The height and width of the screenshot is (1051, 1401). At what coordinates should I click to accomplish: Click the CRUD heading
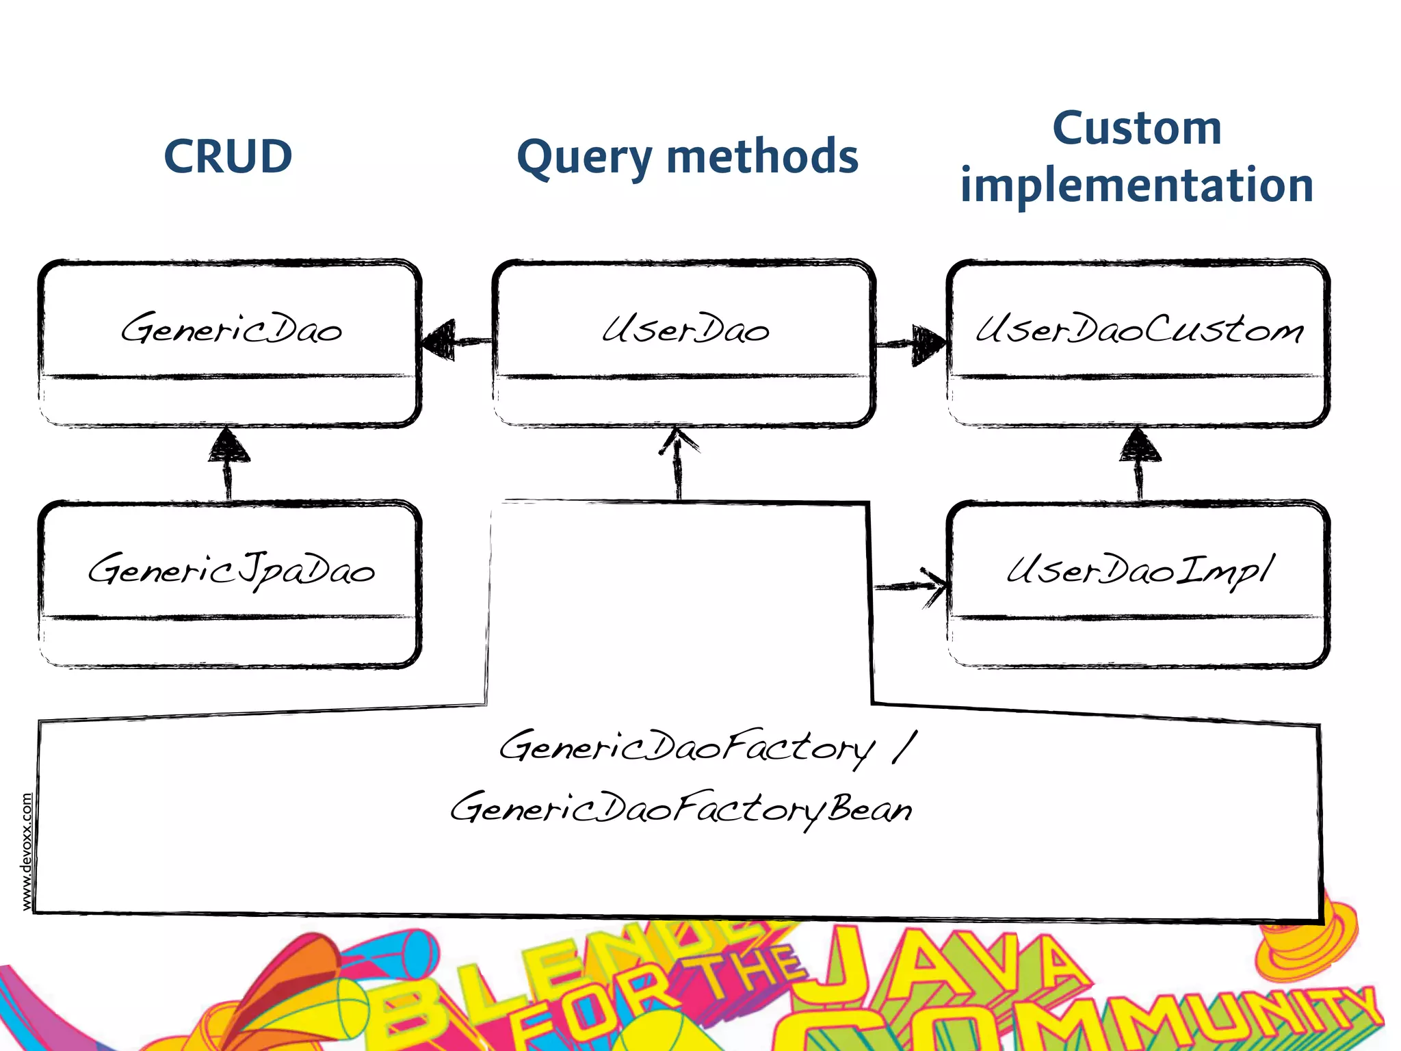point(228,157)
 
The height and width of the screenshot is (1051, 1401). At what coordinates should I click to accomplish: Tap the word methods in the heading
point(761,157)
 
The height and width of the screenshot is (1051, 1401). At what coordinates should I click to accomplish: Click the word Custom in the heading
point(1136,128)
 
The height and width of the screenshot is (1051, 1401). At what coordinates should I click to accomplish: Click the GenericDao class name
point(231,329)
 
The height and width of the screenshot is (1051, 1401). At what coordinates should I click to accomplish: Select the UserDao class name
point(685,329)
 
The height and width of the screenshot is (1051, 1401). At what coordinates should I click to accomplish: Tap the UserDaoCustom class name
point(1138,329)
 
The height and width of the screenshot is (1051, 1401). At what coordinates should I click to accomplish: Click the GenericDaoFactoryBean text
point(681,809)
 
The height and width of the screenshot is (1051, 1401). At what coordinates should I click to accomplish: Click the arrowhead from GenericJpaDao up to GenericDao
point(229,446)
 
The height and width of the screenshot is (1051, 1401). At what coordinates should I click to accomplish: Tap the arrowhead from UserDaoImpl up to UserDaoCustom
point(1139,445)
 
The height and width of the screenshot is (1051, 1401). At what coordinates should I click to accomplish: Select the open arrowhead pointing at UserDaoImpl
point(934,586)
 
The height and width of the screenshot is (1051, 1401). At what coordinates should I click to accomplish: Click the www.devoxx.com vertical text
point(27,851)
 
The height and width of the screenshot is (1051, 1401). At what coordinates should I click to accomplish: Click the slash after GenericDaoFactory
point(904,747)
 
